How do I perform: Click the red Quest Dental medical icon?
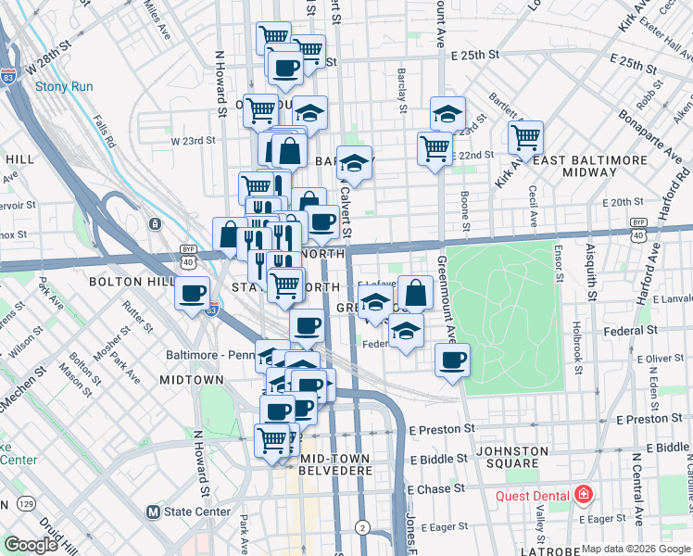click(582, 495)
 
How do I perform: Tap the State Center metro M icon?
click(155, 511)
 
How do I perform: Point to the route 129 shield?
click(27, 503)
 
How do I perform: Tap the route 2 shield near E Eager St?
click(363, 527)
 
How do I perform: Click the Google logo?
click(31, 545)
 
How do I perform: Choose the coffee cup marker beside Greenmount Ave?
click(452, 360)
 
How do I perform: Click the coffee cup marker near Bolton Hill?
click(193, 294)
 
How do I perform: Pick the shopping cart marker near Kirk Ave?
click(525, 138)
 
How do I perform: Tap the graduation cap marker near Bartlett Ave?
click(447, 114)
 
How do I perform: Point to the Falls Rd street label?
click(104, 131)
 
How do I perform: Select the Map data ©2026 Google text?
click(635, 549)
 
